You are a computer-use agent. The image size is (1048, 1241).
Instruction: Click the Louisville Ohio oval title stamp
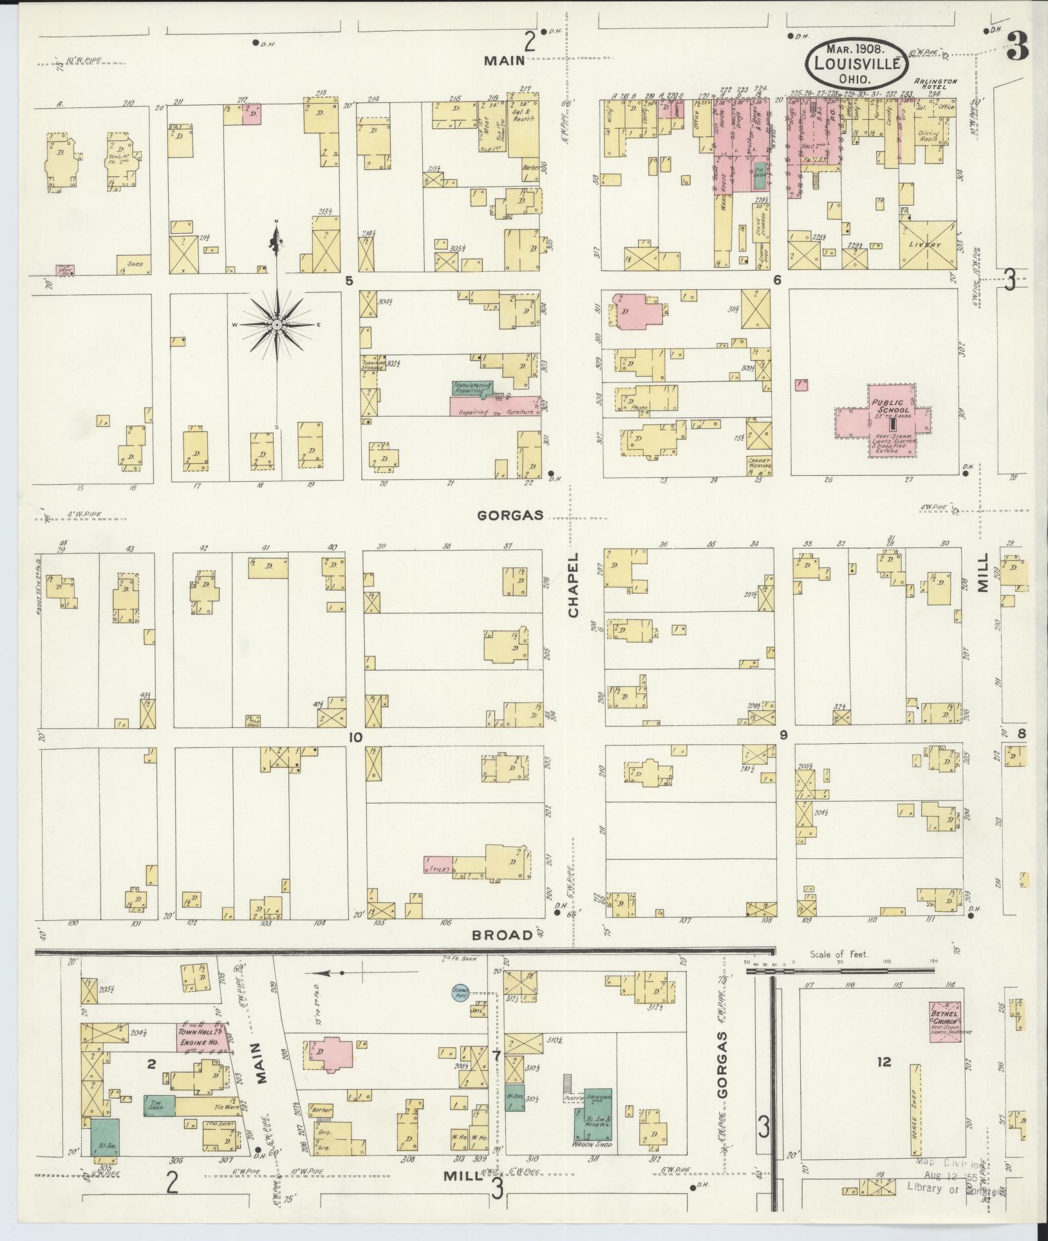[856, 63]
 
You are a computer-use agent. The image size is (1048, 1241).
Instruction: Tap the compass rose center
[277, 325]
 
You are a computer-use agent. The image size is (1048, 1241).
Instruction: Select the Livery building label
[929, 245]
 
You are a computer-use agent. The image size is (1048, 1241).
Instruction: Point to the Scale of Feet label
[839, 954]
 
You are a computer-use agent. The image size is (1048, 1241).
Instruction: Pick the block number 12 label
[883, 1061]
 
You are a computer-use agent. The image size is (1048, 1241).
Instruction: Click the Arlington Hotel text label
[936, 84]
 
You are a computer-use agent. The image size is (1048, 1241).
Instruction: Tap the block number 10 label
[355, 737]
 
